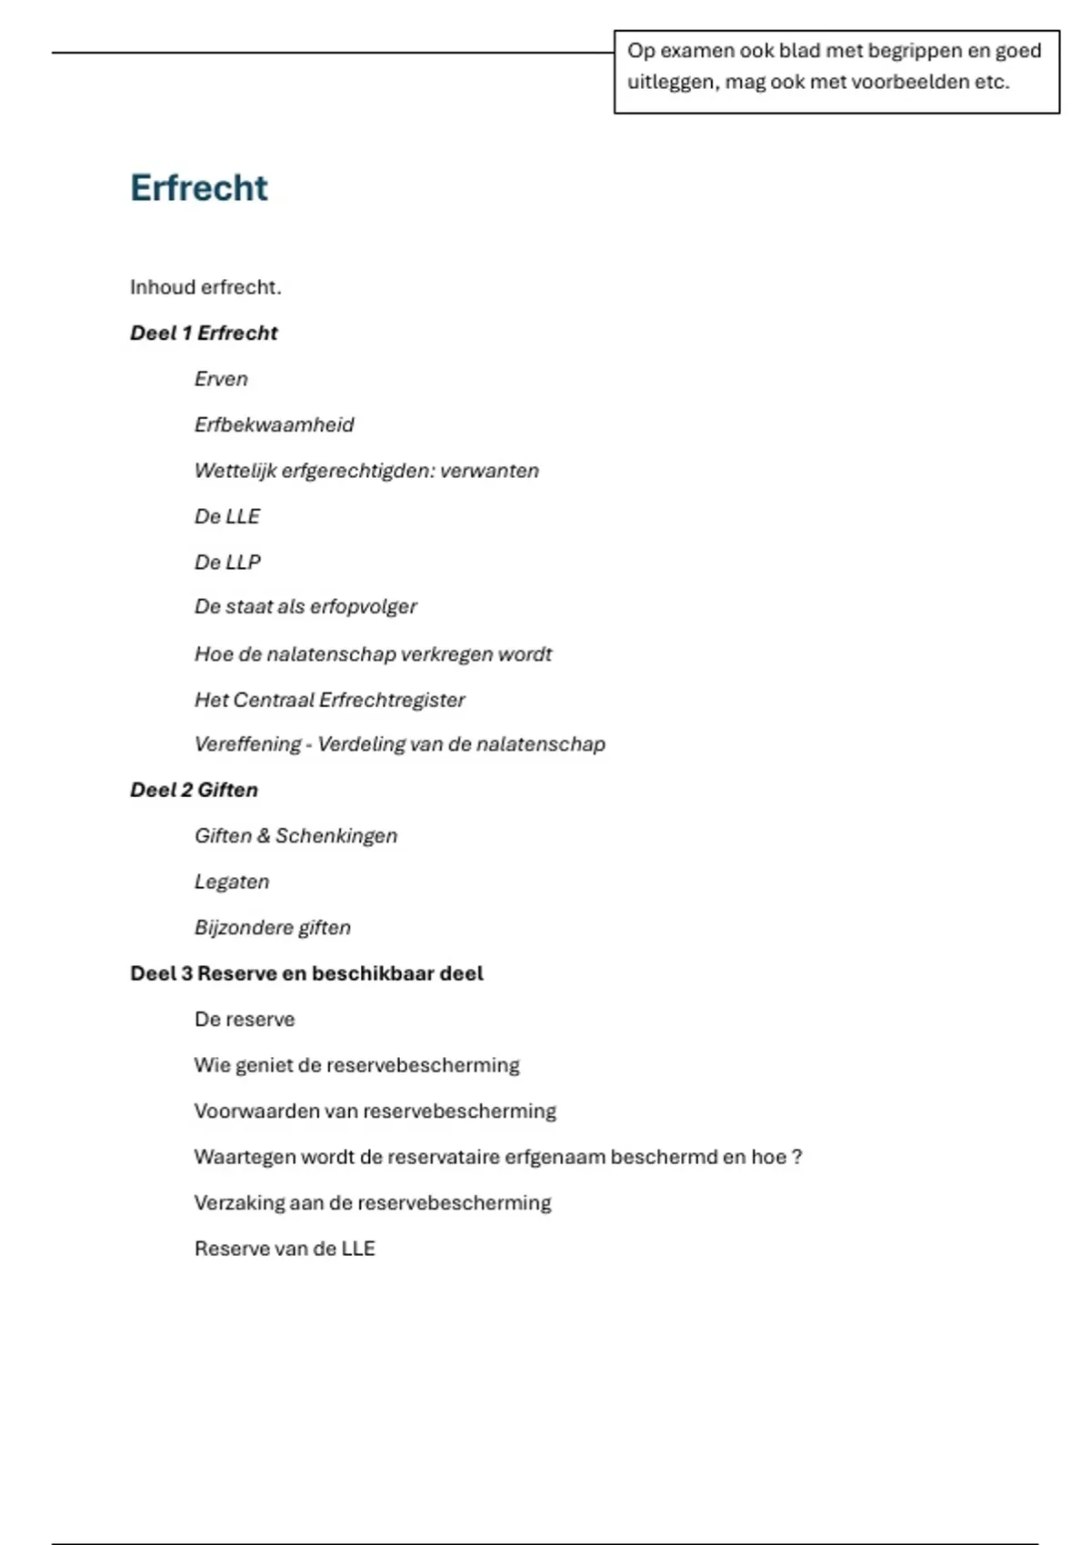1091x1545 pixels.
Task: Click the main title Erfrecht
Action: click(198, 188)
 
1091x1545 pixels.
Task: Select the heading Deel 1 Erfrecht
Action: click(204, 334)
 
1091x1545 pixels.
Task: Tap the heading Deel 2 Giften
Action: click(194, 790)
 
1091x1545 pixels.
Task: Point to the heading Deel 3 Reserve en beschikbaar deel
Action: click(306, 973)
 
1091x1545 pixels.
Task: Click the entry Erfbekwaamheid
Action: click(274, 424)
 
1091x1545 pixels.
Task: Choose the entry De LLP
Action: click(227, 563)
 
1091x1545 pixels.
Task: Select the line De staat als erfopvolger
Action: click(305, 606)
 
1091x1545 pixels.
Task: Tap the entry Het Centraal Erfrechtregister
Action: click(329, 700)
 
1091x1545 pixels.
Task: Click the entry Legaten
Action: click(232, 882)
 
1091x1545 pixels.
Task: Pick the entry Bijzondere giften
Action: click(272, 927)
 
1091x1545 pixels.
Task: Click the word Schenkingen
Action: click(336, 836)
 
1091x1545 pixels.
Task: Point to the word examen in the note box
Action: click(697, 51)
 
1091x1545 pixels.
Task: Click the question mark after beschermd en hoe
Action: click(796, 1157)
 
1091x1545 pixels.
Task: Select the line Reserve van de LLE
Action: click(285, 1249)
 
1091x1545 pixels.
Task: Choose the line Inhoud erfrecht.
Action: click(205, 287)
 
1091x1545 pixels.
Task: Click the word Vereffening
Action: click(247, 744)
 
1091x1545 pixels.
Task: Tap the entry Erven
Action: click(221, 379)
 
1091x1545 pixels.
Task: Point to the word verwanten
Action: click(489, 471)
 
